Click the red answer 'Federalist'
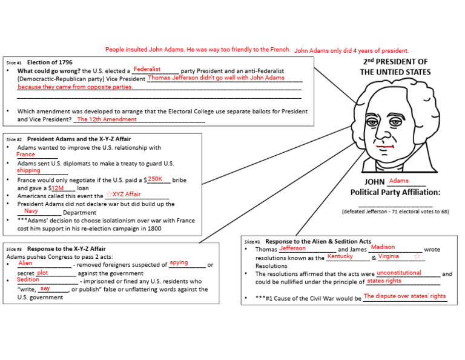tap(147, 69)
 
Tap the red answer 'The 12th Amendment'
tap(107, 119)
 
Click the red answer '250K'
tap(156, 179)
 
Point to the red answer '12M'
tap(58, 188)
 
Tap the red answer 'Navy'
tap(31, 211)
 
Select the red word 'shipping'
tap(28, 170)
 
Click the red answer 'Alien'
tap(25, 263)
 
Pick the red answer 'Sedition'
tap(28, 280)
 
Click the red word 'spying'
tap(179, 262)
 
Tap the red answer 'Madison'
tap(383, 247)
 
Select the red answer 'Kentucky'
tap(340, 256)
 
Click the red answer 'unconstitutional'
tap(398, 273)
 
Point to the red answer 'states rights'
tap(384, 281)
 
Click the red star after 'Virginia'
tap(417, 256)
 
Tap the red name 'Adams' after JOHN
tap(399, 181)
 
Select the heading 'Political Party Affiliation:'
tap(395, 193)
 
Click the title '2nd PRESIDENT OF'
tap(395, 62)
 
